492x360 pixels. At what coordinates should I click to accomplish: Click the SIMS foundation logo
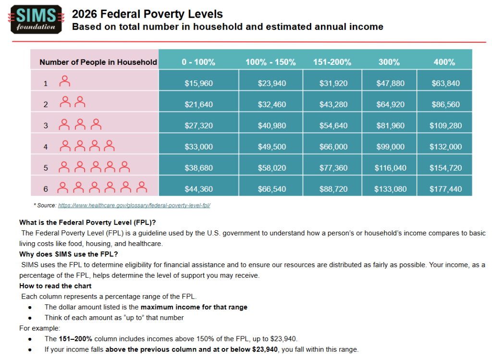coord(36,20)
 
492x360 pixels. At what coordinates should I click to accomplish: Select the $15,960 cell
coord(198,83)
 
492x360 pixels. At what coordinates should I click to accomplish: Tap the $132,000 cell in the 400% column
coord(445,147)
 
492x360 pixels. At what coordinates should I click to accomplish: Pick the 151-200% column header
coord(332,62)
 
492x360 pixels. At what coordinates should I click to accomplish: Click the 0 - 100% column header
coord(198,62)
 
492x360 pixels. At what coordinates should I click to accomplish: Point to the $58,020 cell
coord(272,168)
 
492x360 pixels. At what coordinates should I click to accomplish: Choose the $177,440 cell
coord(445,189)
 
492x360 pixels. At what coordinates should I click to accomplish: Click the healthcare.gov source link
coord(135,205)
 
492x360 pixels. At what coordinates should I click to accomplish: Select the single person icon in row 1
coord(64,82)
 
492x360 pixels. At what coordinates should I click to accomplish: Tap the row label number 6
coord(46,189)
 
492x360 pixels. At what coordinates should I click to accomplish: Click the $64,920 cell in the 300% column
coord(390,104)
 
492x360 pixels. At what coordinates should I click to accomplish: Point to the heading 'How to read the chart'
coord(55,286)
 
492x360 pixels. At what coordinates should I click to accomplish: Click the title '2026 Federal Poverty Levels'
coord(148,14)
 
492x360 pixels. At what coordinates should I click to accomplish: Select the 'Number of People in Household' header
coord(98,62)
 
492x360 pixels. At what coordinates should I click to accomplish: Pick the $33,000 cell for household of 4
coord(198,147)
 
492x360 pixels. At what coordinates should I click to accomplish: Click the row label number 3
coord(46,125)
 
